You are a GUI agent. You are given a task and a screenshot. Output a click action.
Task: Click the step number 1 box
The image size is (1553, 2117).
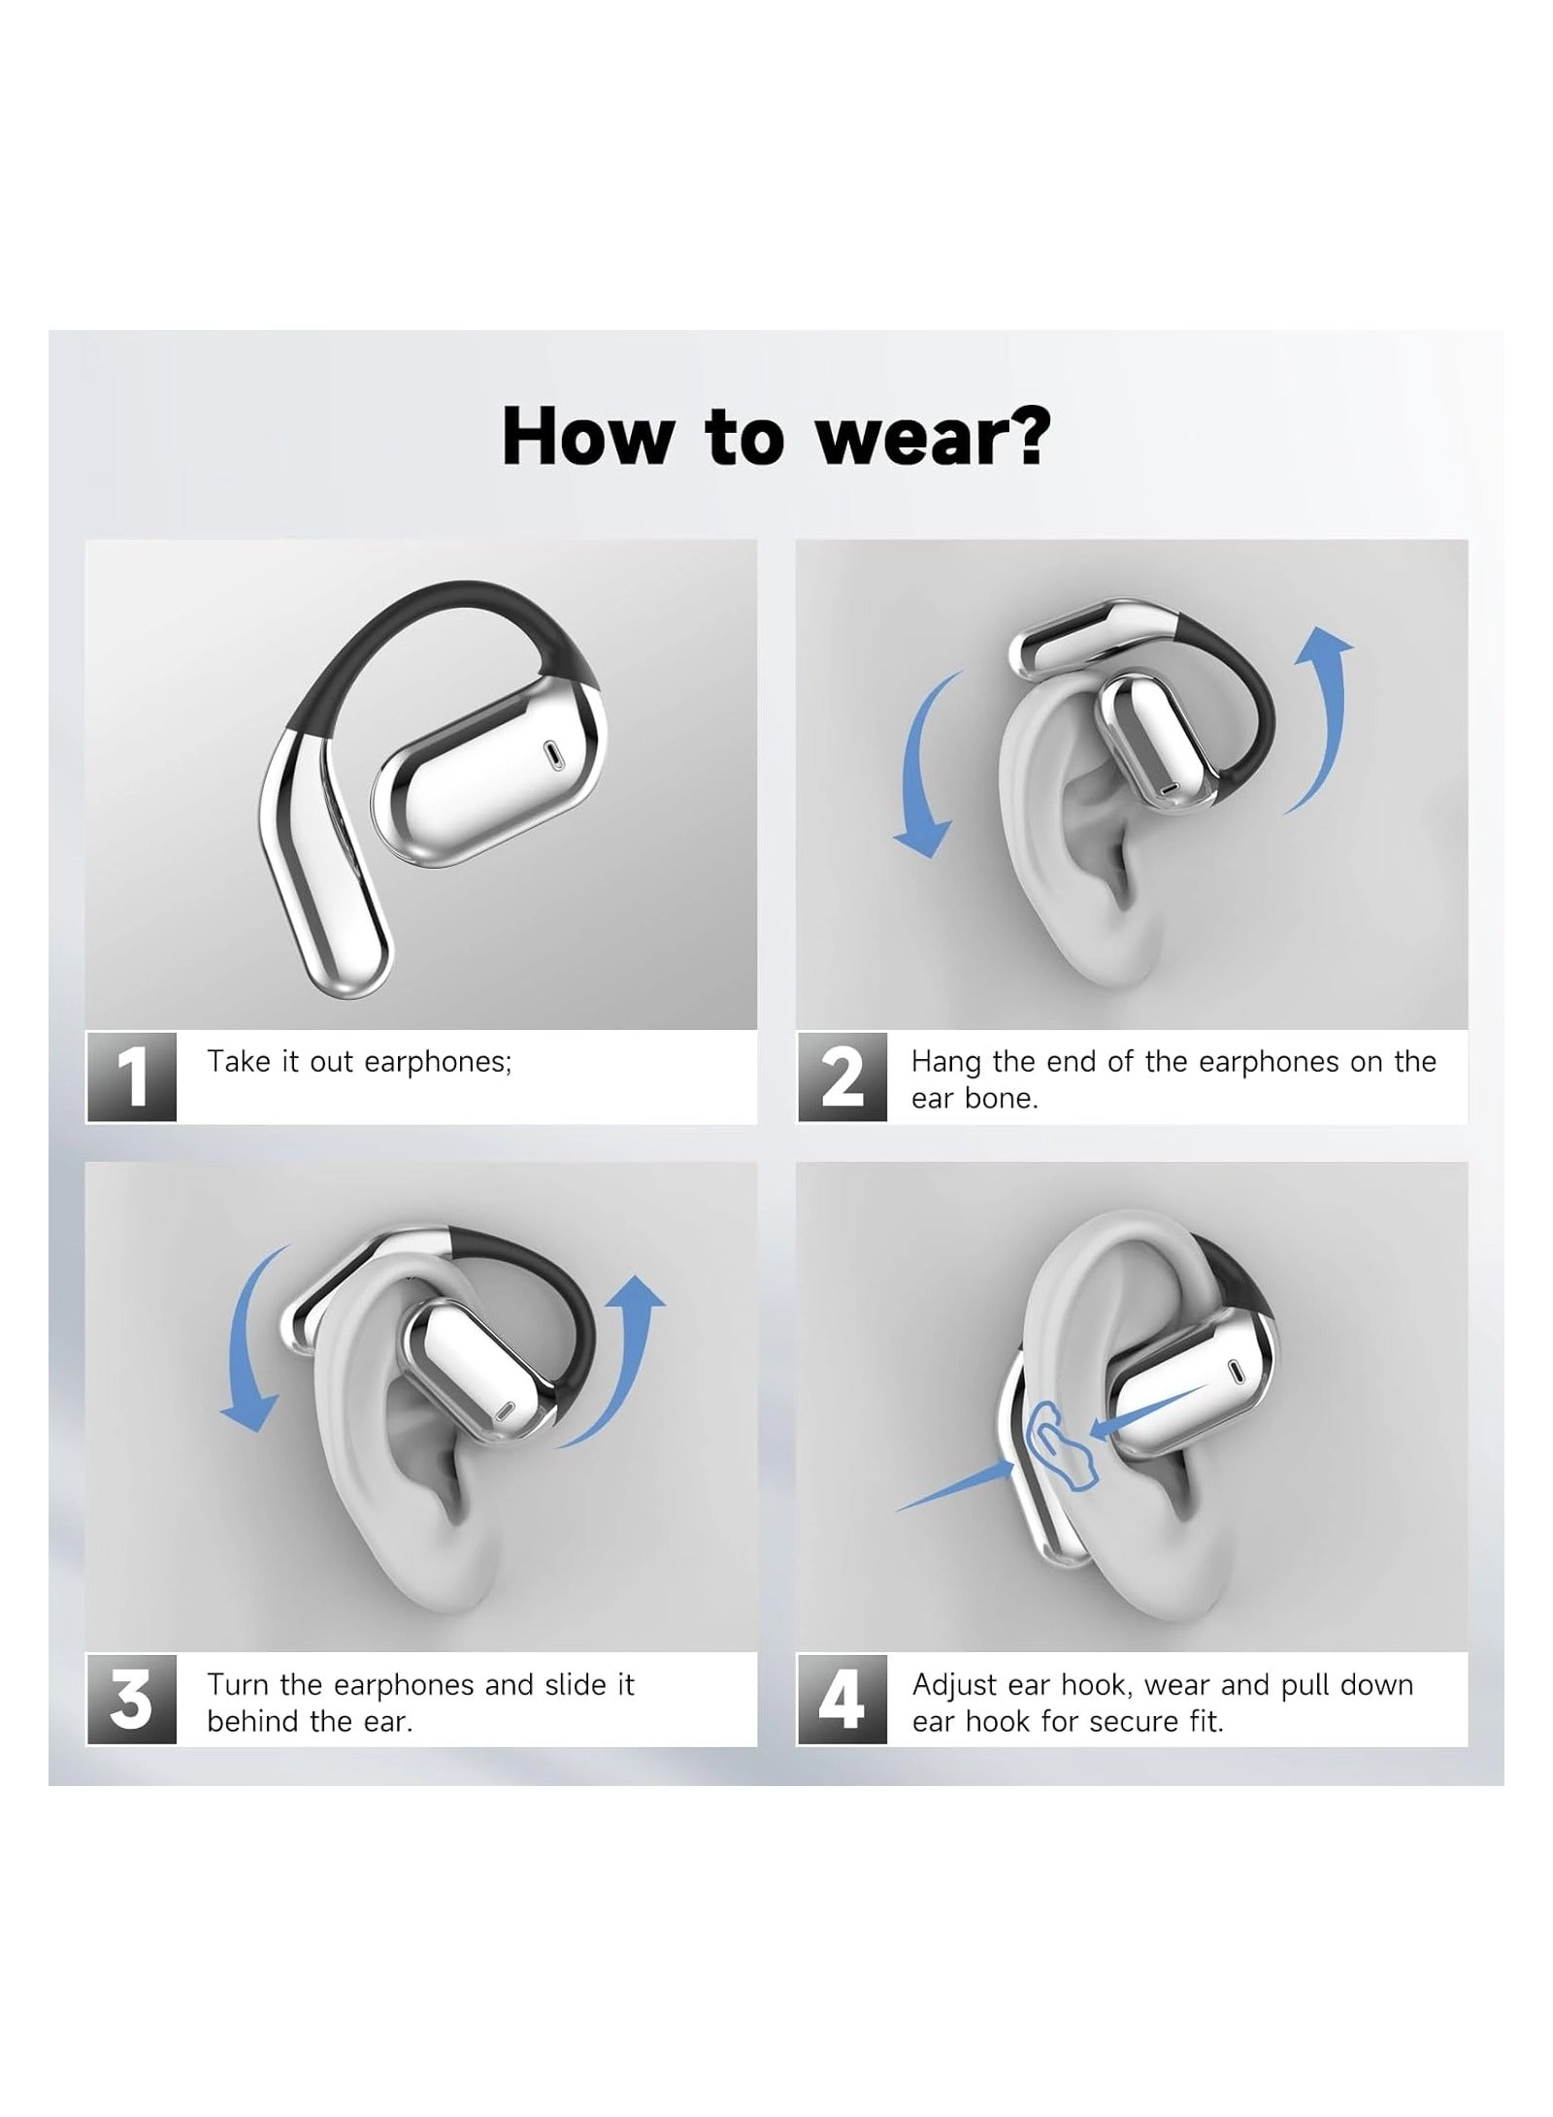coord(132,1076)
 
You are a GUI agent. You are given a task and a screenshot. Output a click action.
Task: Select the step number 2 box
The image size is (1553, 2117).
coord(842,1076)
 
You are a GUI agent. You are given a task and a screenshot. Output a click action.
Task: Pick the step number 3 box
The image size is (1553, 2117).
coord(132,1699)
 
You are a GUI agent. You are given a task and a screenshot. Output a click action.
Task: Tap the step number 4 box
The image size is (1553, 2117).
coord(842,1699)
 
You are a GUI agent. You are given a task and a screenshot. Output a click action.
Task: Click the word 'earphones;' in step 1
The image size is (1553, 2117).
coord(437,1062)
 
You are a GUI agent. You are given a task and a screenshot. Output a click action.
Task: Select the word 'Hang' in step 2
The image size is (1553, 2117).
coord(945,1062)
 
